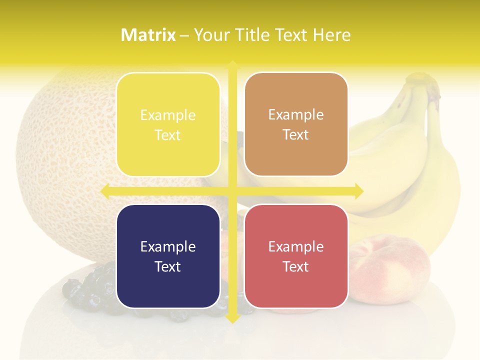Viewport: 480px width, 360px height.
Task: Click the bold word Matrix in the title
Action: click(x=148, y=35)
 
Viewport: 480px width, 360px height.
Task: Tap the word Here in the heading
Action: click(x=332, y=35)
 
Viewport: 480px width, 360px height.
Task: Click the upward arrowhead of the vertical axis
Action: click(x=232, y=65)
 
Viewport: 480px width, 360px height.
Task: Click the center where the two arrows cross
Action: click(x=232, y=191)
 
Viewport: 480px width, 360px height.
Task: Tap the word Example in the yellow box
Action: click(x=168, y=115)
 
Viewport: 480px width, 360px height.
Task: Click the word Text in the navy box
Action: click(x=168, y=266)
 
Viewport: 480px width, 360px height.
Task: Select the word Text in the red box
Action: click(x=296, y=266)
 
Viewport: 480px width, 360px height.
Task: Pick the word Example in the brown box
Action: click(x=296, y=115)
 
